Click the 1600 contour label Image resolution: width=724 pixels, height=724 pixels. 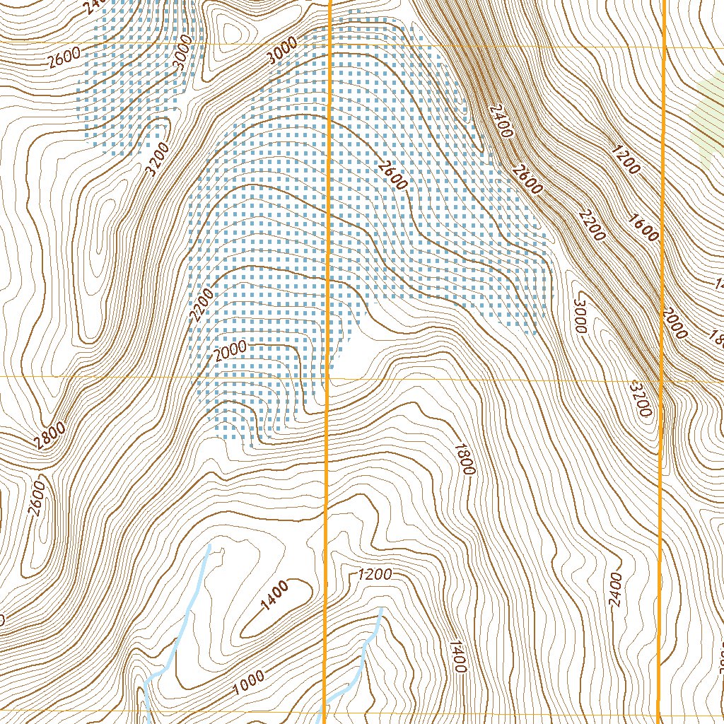[643, 226]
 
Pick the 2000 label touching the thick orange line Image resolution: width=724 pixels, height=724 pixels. [675, 322]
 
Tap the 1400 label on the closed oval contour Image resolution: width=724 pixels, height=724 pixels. [274, 595]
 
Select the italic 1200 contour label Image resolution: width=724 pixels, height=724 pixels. [374, 574]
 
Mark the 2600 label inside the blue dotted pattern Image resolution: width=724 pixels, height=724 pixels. [392, 176]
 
